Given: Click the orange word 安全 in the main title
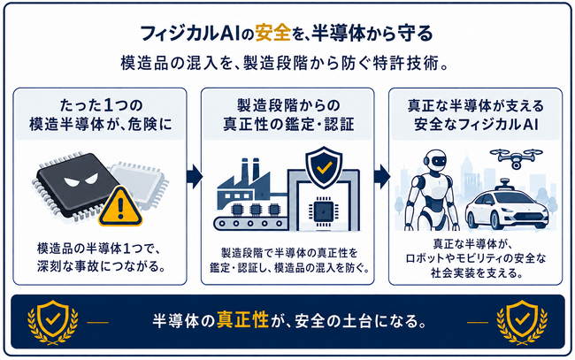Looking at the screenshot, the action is (x=272, y=34).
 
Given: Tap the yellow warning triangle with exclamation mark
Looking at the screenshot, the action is (x=120, y=207).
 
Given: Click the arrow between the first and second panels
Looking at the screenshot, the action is (x=195, y=176).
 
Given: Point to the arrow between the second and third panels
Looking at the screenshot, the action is (x=382, y=176).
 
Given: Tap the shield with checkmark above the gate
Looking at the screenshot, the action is (x=324, y=167).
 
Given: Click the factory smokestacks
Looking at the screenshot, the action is (x=250, y=169).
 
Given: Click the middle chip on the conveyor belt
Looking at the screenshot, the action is (x=256, y=210).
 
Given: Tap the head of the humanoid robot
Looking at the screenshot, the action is (x=435, y=161).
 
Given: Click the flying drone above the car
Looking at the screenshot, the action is (x=516, y=157).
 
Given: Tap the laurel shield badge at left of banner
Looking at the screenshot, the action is (x=53, y=322).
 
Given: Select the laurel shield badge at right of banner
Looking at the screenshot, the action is (x=522, y=322).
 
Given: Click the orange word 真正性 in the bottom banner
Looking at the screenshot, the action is (x=242, y=320).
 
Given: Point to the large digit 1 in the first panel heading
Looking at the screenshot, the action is (x=109, y=106).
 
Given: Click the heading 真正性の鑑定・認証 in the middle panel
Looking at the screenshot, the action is (x=288, y=124).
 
